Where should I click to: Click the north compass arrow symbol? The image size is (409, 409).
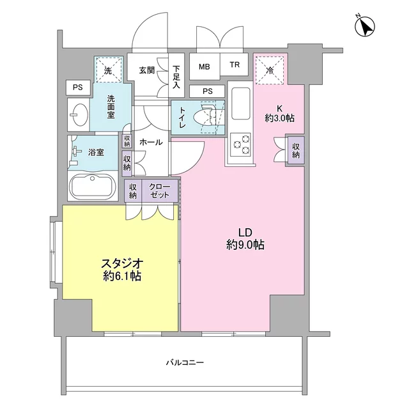click(365, 26)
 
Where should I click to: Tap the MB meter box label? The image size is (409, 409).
click(204, 66)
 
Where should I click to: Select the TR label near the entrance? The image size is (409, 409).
click(235, 65)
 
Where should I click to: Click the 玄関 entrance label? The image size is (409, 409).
click(146, 70)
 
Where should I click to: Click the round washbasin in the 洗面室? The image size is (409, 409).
click(79, 114)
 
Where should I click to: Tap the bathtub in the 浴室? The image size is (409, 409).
click(93, 186)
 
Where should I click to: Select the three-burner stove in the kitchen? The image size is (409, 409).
click(240, 144)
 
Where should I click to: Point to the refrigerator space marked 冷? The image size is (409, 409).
click(270, 70)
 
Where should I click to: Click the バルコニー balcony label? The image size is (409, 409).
click(185, 362)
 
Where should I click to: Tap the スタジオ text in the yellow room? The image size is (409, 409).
click(122, 264)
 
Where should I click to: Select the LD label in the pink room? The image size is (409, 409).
click(245, 232)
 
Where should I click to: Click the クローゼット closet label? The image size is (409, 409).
click(159, 190)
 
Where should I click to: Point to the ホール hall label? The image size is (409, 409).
click(151, 142)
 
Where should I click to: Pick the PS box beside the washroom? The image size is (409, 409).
click(78, 88)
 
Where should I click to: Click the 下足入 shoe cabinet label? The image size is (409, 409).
click(176, 77)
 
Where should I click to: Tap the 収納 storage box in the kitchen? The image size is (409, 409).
click(296, 151)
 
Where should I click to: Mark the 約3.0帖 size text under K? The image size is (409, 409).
click(280, 119)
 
